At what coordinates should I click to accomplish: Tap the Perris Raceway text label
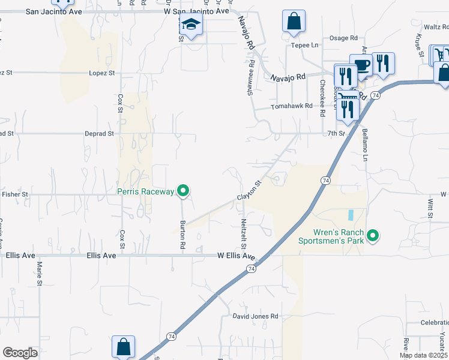point(145,192)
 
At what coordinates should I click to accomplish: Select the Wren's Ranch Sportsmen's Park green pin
point(373,236)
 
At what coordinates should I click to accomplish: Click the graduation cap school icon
point(191,25)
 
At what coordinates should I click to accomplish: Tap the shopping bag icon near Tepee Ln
point(294,22)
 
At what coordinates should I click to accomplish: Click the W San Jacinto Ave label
point(197,11)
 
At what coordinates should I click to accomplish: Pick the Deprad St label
point(99,134)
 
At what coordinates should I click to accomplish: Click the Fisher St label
point(15,194)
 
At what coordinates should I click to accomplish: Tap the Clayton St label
point(250,191)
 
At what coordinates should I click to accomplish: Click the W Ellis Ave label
point(236,256)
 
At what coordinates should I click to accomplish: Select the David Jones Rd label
point(256,316)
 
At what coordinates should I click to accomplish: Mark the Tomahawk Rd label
point(292,106)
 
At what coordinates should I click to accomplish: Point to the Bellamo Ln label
point(364,145)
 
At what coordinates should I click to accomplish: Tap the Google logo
point(20,353)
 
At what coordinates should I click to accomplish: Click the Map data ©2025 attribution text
point(423,355)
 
